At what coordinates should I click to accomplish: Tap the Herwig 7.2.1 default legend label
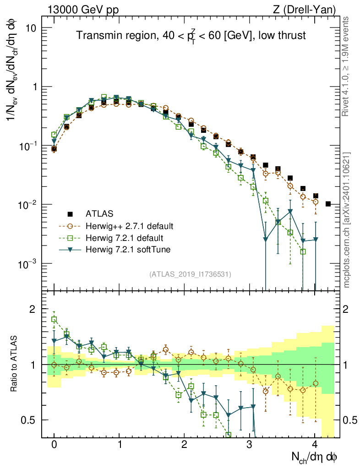point(124,238)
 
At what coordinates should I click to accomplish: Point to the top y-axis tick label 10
point(35,28)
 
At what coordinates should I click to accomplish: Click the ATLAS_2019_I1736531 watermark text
point(190,274)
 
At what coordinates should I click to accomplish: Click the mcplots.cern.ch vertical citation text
point(347,220)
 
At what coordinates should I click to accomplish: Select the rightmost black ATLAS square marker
point(328,204)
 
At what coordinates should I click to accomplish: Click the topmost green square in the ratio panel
point(54,320)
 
